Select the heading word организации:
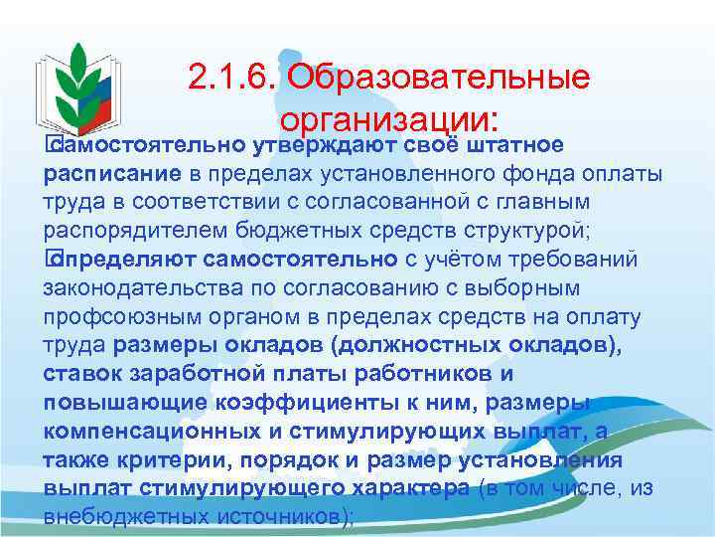coord(388,120)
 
